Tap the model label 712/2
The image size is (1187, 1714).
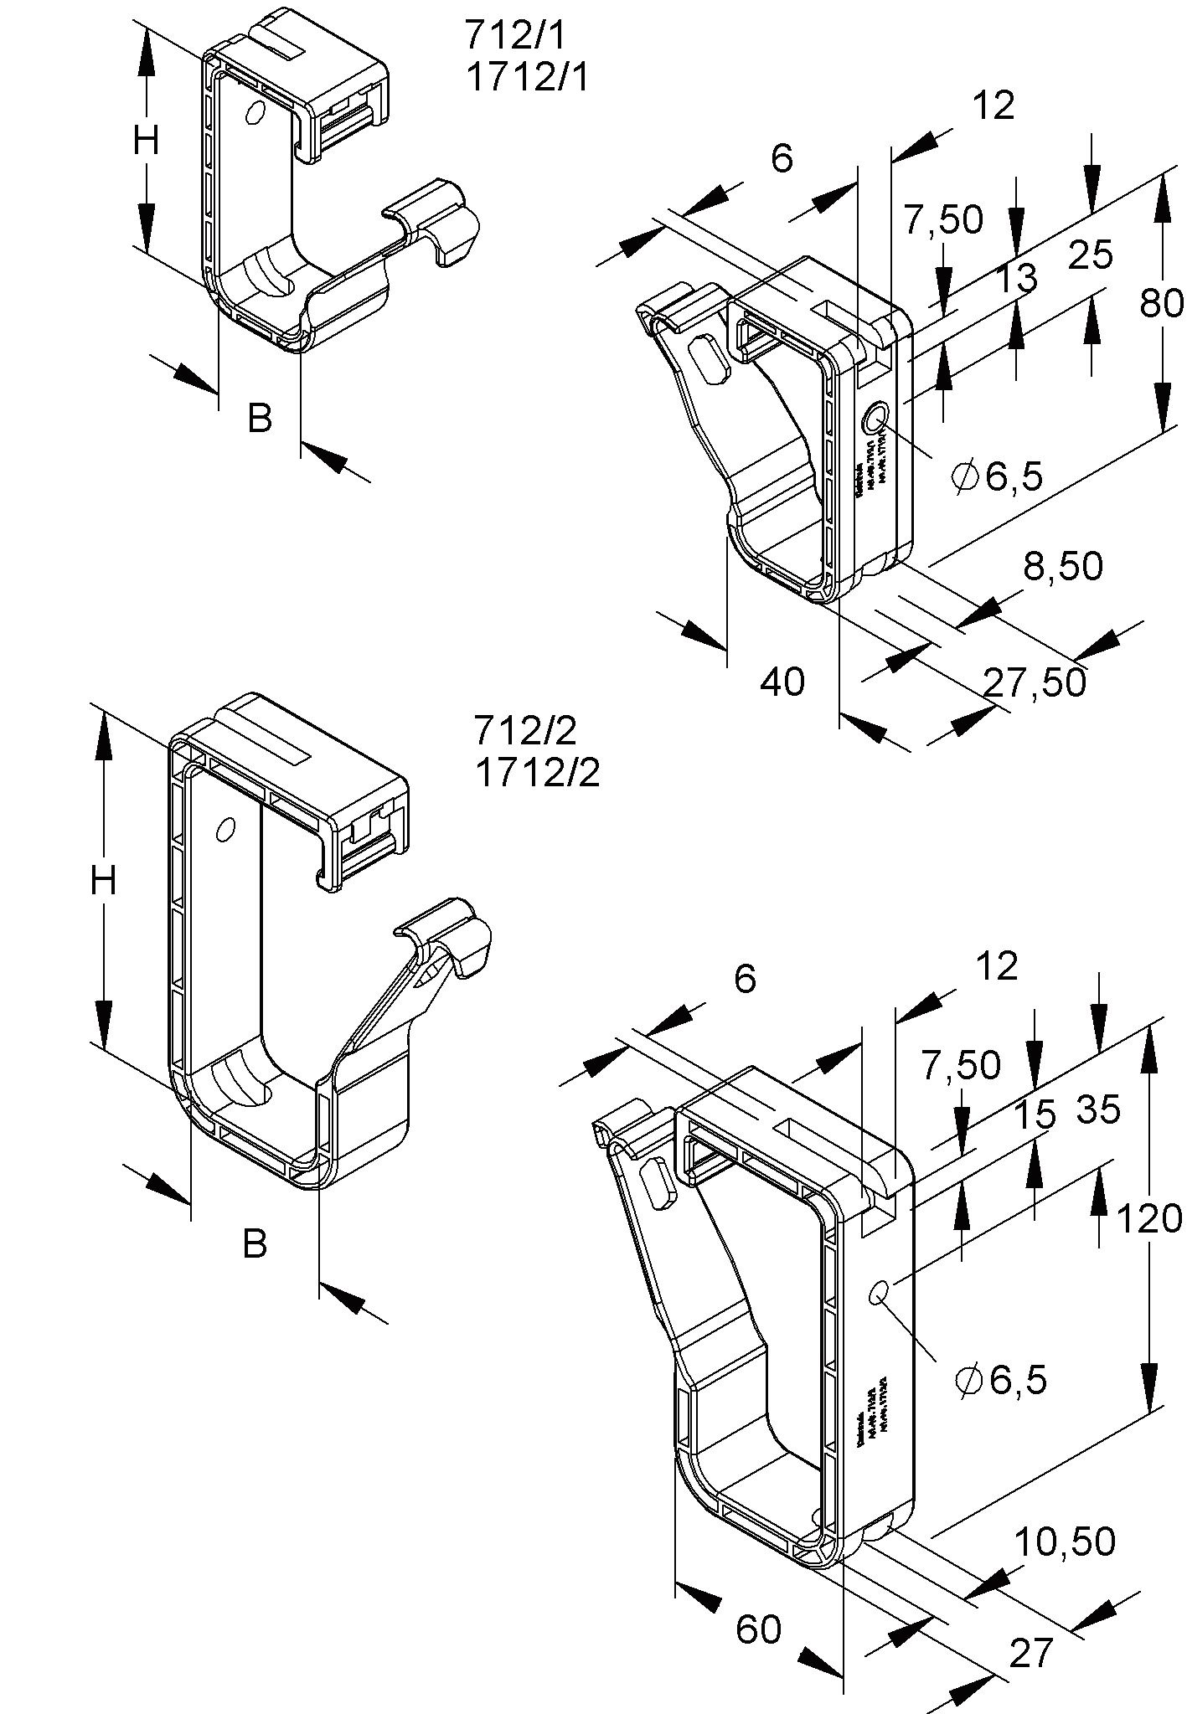(525, 731)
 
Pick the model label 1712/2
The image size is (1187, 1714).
(538, 773)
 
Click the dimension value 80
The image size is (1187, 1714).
(1162, 304)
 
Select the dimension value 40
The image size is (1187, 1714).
(782, 682)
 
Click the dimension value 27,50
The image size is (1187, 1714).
(1035, 682)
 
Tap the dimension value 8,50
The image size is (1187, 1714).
(1063, 567)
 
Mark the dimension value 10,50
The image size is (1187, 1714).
(1065, 1542)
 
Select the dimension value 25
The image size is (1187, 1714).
(1091, 255)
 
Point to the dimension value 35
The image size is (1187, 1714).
(1097, 1110)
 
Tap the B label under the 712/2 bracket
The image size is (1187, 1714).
(255, 1243)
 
